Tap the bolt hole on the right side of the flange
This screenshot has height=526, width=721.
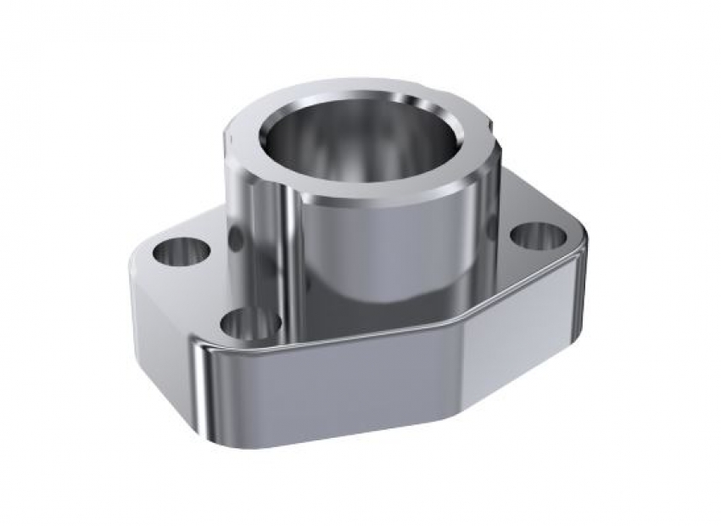pos(537,235)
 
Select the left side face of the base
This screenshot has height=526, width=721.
pos(157,331)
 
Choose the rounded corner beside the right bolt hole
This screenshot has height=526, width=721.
pos(577,242)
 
